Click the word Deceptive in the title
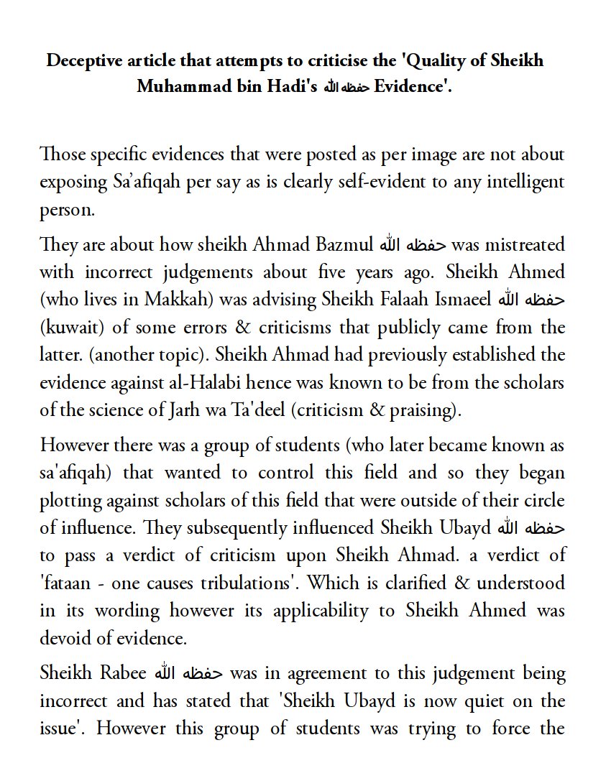tap(81, 60)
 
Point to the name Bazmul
tap(344, 244)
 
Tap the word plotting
tap(73, 501)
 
